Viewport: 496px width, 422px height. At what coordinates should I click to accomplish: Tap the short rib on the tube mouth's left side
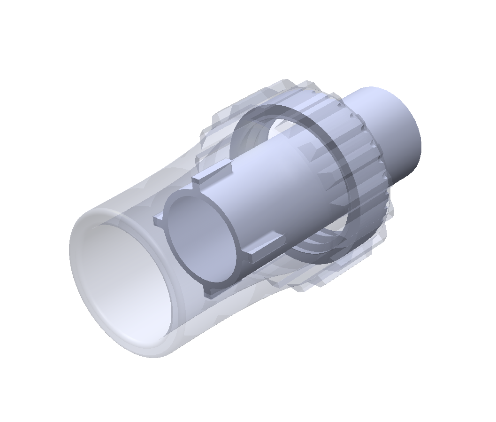[158, 219]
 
